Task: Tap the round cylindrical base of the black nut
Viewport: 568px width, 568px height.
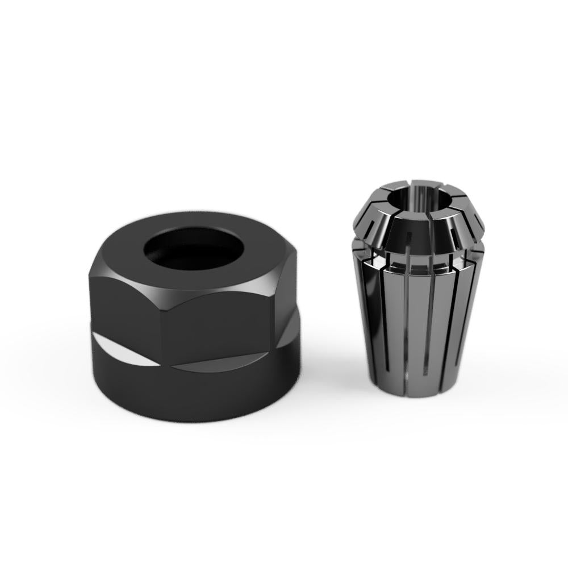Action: (x=193, y=398)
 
